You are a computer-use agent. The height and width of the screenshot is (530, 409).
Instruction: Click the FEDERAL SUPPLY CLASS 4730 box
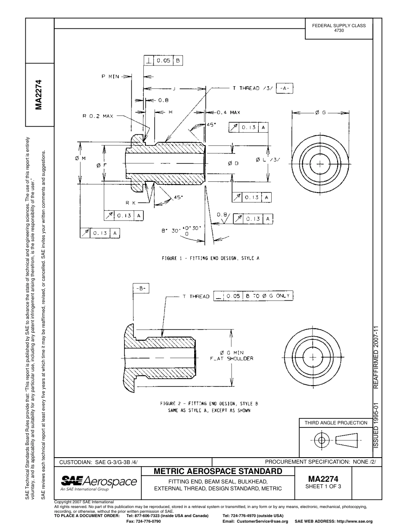coord(338,28)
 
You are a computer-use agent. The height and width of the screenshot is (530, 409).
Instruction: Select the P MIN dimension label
coord(110,76)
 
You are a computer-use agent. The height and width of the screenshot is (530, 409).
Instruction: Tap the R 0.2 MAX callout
coord(98,116)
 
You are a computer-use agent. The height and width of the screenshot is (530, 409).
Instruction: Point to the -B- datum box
coord(141,289)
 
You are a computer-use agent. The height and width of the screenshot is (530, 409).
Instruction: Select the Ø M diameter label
coord(80,159)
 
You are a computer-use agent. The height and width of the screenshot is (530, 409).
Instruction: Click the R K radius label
coord(131,202)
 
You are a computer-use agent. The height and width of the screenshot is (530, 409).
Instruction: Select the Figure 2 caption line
coord(209,404)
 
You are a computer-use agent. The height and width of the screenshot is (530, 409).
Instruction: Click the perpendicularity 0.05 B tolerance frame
coord(163,61)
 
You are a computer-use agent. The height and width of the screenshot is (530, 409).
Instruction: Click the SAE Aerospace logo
coord(99,482)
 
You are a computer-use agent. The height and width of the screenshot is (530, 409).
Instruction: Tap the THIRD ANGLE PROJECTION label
coord(336,423)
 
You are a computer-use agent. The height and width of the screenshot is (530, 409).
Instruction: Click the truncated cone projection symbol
coord(347,440)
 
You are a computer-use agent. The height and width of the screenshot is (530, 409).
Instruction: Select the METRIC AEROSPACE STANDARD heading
coord(218,471)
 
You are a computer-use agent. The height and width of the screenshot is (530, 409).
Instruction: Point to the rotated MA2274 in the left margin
coord(39,95)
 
